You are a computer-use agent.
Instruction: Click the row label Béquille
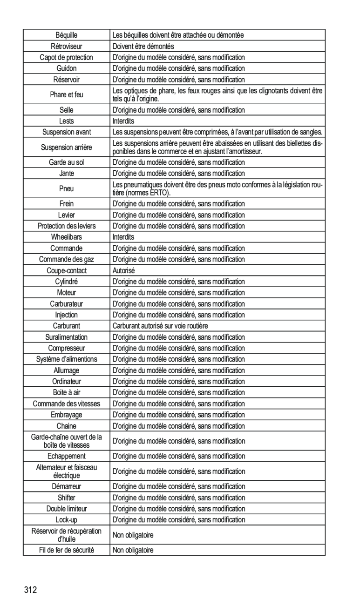[67, 35]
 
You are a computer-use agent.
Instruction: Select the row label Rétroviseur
[67, 46]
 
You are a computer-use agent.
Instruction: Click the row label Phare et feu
[67, 95]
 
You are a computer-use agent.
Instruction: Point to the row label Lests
[67, 121]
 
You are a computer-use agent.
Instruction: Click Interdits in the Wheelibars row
[123, 237]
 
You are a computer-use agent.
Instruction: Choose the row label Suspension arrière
[67, 148]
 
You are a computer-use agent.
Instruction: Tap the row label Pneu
[67, 189]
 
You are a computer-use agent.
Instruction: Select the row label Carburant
[67, 326]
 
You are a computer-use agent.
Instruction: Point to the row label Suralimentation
[67, 337]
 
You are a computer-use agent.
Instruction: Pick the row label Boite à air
[67, 393]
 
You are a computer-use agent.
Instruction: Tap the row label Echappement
[67, 457]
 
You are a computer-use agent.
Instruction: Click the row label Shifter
[67, 497]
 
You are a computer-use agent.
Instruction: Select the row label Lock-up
[67, 520]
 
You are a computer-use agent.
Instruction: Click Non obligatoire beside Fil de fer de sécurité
[133, 550]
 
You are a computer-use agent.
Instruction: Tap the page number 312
[31, 591]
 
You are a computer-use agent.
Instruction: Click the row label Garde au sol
[67, 162]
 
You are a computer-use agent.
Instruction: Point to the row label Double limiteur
[67, 509]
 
